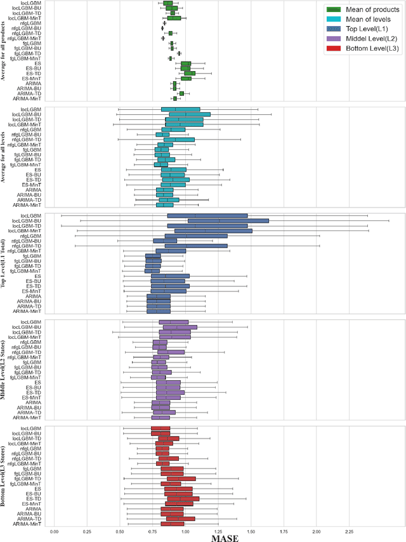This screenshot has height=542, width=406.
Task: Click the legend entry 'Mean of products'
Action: (368, 9)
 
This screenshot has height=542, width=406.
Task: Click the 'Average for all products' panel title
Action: (4, 52)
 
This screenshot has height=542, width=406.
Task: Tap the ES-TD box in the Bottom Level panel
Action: (183, 499)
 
